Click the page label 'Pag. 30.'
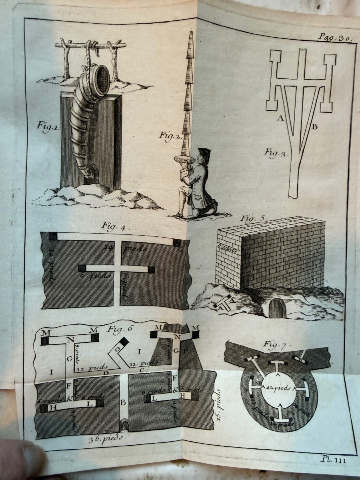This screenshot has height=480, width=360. pos(334,38)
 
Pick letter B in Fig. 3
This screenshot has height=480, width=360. pos(314,127)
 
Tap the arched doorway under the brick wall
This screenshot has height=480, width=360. pos(275,308)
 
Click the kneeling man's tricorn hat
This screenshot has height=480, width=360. pos(204,153)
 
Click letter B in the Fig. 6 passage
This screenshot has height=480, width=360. pos(124,403)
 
